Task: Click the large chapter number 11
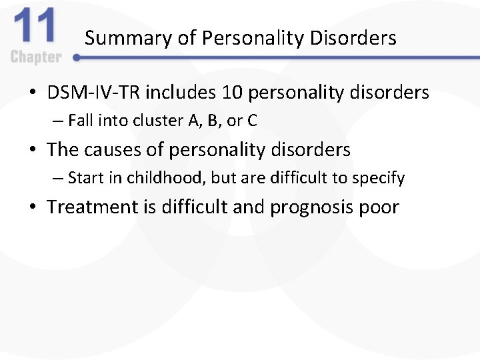click(x=34, y=28)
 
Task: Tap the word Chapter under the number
click(x=35, y=57)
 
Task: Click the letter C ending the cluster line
click(x=252, y=121)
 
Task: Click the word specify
click(x=380, y=178)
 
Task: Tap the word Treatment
click(x=92, y=207)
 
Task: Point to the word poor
click(x=378, y=207)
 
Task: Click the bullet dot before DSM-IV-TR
click(x=33, y=93)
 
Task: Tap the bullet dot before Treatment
click(x=33, y=207)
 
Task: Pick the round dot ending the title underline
click(x=77, y=58)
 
